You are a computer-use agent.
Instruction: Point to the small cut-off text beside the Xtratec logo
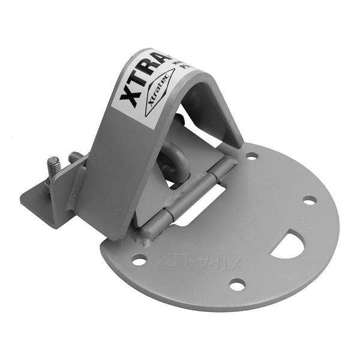pos(180,68)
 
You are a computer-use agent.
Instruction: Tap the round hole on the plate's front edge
pos(238,285)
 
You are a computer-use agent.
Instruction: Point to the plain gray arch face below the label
pos(114,174)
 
